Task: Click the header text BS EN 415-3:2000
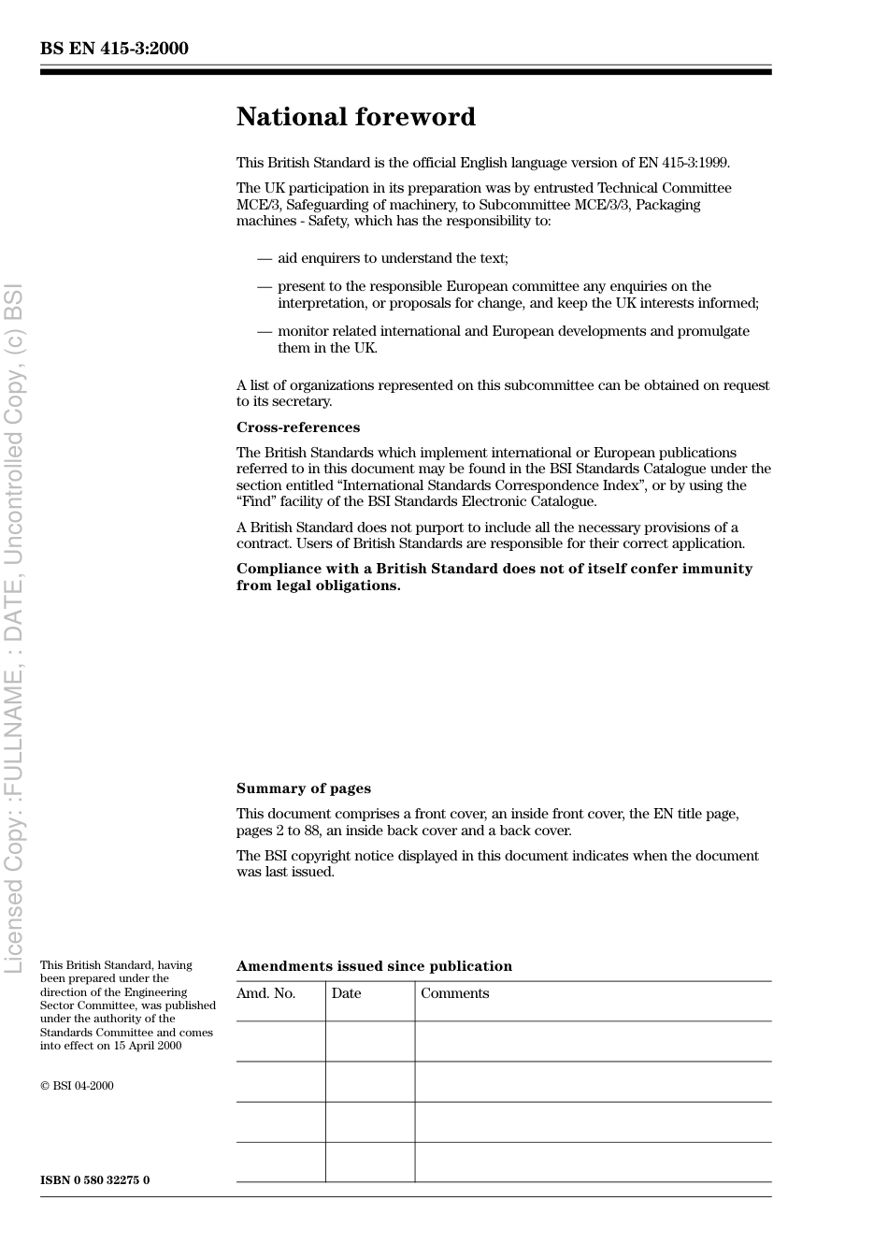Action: tap(114, 49)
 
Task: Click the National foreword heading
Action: tap(356, 117)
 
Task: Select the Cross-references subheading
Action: tap(298, 427)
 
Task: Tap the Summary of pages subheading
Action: tap(304, 788)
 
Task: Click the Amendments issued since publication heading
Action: tap(374, 966)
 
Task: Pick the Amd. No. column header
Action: tap(266, 993)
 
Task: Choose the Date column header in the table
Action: tap(346, 993)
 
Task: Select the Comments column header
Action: tap(455, 993)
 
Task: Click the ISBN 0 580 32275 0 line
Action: tap(95, 1179)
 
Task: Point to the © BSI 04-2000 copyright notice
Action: tap(77, 1086)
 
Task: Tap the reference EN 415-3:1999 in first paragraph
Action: tap(683, 163)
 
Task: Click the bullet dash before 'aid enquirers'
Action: tap(265, 258)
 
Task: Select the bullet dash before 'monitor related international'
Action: tap(265, 331)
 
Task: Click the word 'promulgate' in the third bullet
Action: tap(714, 331)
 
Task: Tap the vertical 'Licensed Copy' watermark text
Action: tap(14, 627)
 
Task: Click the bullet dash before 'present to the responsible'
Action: tap(265, 286)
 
